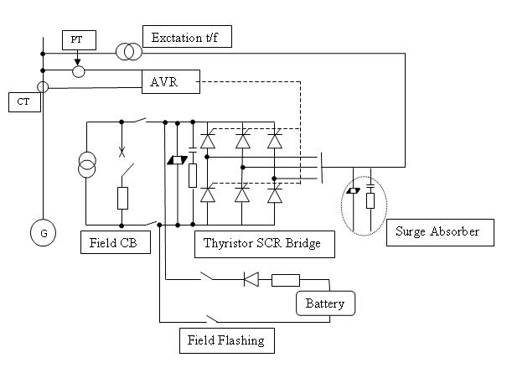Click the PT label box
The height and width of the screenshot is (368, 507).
[x=75, y=40]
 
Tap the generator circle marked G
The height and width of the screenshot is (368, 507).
[x=42, y=233]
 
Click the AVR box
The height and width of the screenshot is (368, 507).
[x=172, y=81]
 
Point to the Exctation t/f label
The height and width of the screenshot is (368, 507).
[x=186, y=37]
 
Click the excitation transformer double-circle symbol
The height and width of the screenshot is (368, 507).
[x=128, y=52]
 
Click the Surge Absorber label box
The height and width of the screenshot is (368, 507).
[x=437, y=231]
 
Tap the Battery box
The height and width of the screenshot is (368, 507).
[x=325, y=303]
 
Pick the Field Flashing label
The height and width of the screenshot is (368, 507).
[x=226, y=340]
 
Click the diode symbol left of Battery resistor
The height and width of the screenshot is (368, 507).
[x=250, y=280]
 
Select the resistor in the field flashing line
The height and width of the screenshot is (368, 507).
[x=285, y=280]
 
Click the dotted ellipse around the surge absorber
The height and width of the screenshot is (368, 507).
[x=364, y=204]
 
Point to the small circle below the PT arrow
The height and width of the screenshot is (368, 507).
[x=78, y=72]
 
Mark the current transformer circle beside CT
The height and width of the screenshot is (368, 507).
[x=42, y=86]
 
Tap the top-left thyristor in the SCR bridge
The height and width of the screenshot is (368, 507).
[x=209, y=141]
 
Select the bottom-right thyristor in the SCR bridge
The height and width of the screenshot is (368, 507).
[x=274, y=195]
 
